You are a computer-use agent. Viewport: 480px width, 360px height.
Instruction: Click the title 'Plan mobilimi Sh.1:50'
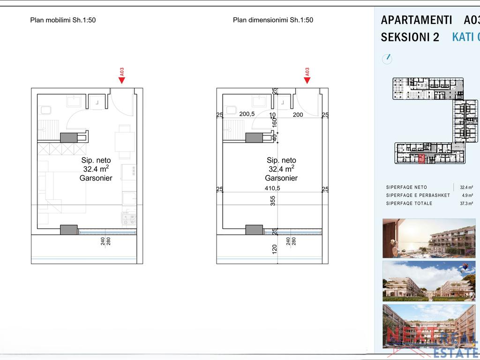pos(63,20)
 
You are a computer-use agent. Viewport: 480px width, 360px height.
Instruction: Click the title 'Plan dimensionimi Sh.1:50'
pos(273,20)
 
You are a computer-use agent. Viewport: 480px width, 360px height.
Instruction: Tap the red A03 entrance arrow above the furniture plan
pos(122,80)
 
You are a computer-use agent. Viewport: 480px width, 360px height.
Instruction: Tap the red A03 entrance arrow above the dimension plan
pos(307,80)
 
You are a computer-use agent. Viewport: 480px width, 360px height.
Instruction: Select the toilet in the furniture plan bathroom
pos(46,111)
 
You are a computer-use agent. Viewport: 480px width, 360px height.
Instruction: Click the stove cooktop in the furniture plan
pos(129,218)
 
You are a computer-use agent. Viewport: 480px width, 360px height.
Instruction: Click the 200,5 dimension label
pos(247,114)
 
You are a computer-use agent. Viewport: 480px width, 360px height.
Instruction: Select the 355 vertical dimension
pos(273,201)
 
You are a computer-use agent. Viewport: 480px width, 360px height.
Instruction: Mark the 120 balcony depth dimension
pos(275,248)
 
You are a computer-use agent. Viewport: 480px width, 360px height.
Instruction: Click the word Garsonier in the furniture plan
pos(96,178)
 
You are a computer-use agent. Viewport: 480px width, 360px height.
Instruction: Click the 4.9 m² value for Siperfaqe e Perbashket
pos(467,195)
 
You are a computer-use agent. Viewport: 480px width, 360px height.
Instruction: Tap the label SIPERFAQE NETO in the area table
pos(406,187)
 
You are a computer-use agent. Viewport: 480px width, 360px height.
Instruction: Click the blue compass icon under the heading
pos(387,59)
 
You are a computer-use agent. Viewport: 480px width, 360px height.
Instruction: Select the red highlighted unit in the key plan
pos(421,159)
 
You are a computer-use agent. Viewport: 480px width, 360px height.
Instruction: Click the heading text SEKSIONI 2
pos(410,37)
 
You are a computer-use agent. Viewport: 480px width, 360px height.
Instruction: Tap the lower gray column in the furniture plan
pos(68,230)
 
